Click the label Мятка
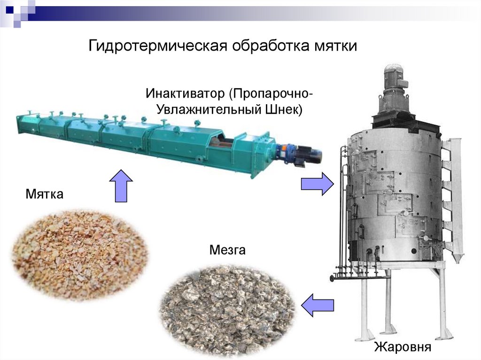[x=45, y=193]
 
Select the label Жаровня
[x=403, y=347]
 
